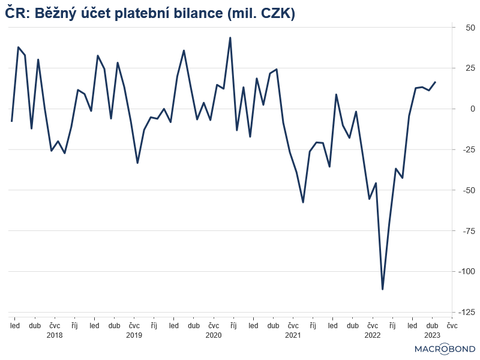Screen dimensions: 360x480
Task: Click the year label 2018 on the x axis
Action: click(x=54, y=335)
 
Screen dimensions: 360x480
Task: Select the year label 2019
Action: click(x=134, y=335)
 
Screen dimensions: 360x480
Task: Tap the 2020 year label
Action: click(x=213, y=335)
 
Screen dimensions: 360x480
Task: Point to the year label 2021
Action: click(x=293, y=335)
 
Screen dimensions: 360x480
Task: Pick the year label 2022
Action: click(x=372, y=335)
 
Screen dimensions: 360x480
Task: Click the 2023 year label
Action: click(x=432, y=335)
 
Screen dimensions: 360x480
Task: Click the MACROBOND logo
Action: click(x=445, y=349)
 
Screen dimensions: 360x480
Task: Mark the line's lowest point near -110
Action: click(x=382, y=289)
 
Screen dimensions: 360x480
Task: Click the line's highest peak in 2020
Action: click(x=230, y=38)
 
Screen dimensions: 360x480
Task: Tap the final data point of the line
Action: click(x=436, y=82)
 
